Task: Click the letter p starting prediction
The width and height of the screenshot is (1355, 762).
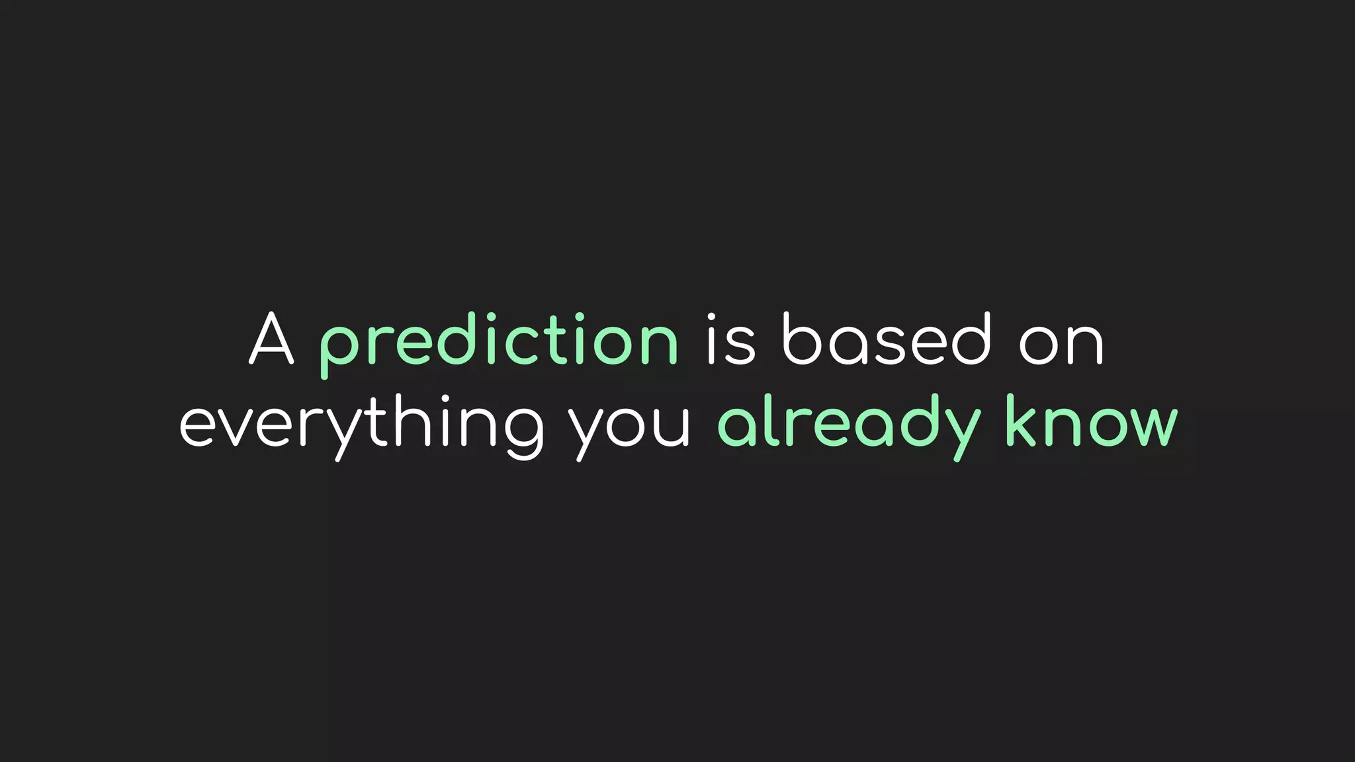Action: (x=339, y=347)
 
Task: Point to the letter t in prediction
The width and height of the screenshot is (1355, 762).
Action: (x=553, y=340)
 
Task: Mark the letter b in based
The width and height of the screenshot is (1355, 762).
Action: (x=802, y=339)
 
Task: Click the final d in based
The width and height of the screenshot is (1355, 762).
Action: (x=971, y=339)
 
